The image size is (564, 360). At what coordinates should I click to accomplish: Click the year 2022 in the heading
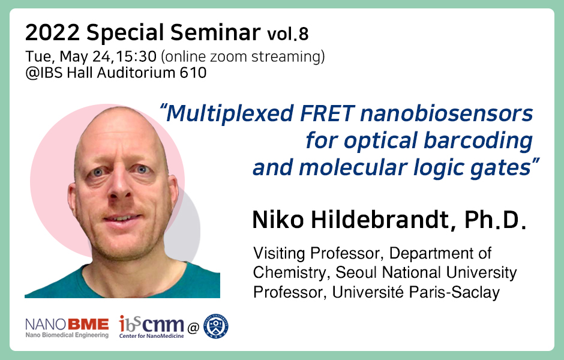click(x=53, y=33)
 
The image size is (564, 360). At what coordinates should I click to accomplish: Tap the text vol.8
click(x=288, y=34)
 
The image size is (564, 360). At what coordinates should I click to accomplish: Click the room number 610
click(x=193, y=73)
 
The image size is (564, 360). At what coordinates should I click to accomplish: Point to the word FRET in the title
click(x=328, y=113)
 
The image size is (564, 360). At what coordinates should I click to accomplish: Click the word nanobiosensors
click(x=446, y=113)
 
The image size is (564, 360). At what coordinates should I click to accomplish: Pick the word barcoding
click(x=478, y=140)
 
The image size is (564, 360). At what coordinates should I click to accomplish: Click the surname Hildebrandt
click(x=380, y=219)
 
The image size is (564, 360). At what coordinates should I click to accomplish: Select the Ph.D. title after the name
click(x=496, y=220)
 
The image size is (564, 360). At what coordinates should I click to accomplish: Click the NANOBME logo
click(x=67, y=328)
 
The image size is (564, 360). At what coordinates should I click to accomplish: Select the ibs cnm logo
click(x=151, y=326)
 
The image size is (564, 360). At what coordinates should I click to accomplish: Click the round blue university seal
click(x=216, y=326)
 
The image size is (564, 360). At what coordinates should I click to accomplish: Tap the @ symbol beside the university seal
click(x=193, y=328)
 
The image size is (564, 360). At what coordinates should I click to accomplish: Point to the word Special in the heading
click(x=125, y=34)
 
